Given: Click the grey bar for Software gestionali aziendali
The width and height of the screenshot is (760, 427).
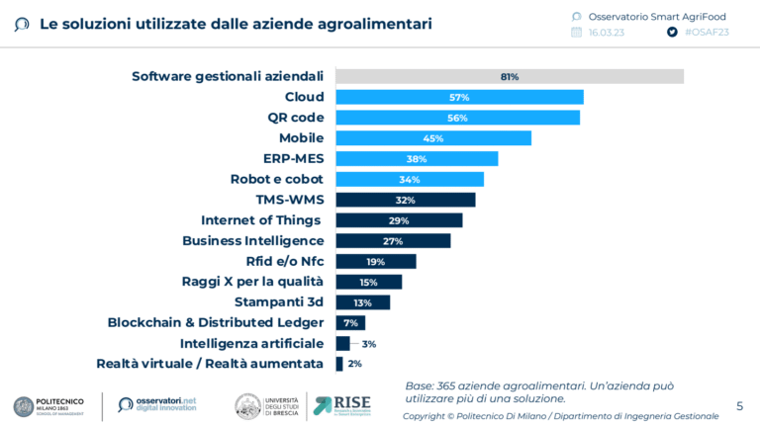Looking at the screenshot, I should click(x=510, y=76).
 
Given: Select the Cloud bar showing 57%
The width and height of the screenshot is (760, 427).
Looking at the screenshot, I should click(x=459, y=97).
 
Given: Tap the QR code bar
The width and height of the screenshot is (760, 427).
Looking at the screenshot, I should click(x=457, y=118).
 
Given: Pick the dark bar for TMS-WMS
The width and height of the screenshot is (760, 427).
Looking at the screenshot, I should click(x=406, y=200).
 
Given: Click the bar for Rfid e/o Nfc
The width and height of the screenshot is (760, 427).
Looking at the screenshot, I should click(x=376, y=261).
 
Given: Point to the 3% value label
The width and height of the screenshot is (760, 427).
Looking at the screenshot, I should click(x=369, y=344).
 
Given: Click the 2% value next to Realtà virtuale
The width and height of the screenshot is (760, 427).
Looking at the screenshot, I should click(x=355, y=364).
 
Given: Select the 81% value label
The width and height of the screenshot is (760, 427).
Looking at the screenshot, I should click(x=510, y=76).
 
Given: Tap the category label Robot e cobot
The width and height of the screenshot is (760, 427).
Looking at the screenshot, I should click(x=277, y=179).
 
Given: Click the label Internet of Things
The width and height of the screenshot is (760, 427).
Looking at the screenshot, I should click(x=261, y=220).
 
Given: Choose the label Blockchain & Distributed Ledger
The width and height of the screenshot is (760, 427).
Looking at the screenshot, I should click(x=216, y=322).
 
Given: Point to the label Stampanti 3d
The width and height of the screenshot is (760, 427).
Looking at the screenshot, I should click(x=279, y=302).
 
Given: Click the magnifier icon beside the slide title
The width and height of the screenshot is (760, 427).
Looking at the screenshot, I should click(x=22, y=24).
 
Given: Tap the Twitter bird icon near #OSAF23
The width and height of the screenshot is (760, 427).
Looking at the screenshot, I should click(x=672, y=32).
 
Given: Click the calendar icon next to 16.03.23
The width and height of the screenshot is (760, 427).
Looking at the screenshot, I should click(x=577, y=32).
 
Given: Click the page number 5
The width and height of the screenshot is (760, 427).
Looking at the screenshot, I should click(x=739, y=405).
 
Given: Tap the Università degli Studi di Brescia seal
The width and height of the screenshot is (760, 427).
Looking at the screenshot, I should click(x=247, y=405).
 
